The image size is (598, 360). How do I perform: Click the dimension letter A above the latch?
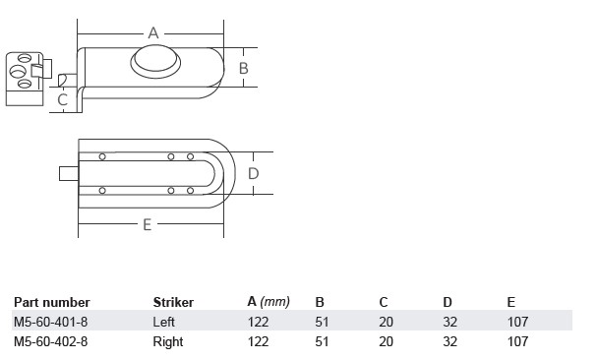click(x=153, y=33)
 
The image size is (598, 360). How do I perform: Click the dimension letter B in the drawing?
click(x=243, y=68)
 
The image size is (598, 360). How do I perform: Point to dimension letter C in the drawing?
click(x=62, y=99)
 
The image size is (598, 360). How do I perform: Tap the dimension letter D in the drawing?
click(x=253, y=173)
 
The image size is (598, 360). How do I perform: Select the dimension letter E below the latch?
click(x=148, y=225)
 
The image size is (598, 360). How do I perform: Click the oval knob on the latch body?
click(x=155, y=61)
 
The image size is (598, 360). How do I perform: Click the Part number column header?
click(x=52, y=302)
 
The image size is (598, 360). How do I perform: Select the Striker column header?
click(x=173, y=302)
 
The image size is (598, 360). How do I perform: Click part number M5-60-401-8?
click(x=51, y=322)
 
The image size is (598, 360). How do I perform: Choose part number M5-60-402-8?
click(x=51, y=341)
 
